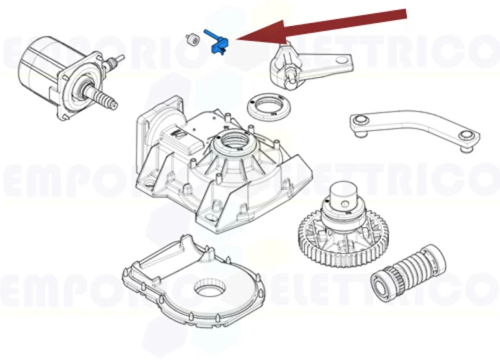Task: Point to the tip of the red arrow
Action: pos(237,40)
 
